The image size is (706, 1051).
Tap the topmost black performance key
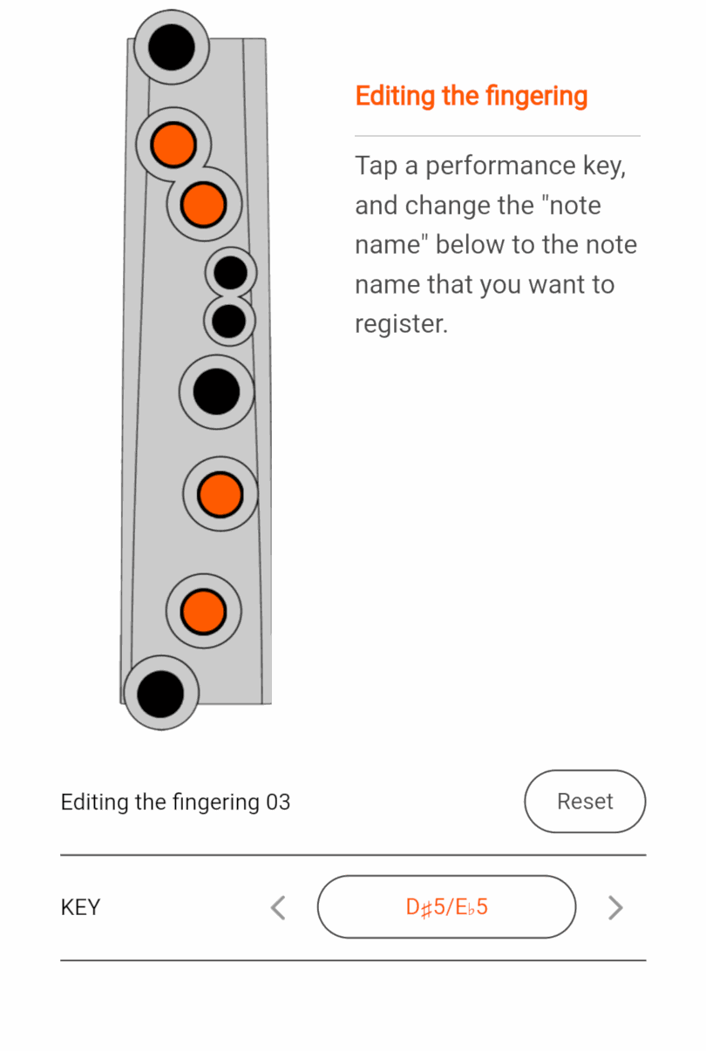pos(172,47)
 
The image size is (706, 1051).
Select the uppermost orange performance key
pos(173,145)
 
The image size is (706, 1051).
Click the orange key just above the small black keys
pos(204,204)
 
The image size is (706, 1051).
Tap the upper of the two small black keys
pos(231,273)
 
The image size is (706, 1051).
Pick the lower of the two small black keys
pos(229,321)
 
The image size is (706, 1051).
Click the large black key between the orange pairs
pos(216,391)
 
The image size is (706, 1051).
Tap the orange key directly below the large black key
pos(220,494)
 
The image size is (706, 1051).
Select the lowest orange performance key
pos(203,611)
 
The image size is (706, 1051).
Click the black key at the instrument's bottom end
pos(161,693)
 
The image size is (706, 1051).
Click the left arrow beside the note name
pos(278,907)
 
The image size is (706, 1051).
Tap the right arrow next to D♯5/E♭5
pos(615,907)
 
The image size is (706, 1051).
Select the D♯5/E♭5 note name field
pos(446,907)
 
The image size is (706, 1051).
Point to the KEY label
pos(80,907)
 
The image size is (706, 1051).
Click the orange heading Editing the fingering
pos(471,96)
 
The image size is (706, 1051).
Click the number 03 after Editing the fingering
pos(278,802)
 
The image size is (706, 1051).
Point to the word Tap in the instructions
pos(376,166)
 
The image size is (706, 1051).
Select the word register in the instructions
pos(400,324)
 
